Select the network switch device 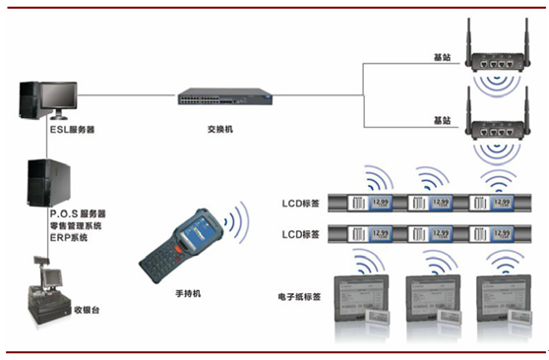218,96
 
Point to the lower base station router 494,126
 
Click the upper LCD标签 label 298,204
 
